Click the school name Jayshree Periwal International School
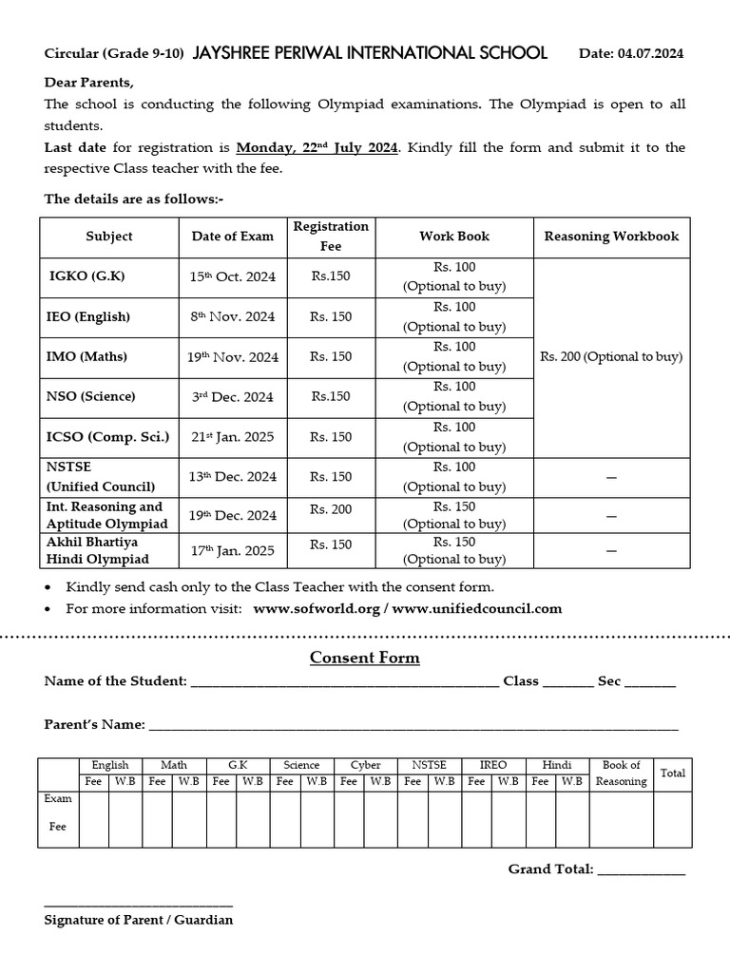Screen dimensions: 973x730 coord(370,53)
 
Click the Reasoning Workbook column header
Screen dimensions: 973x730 coord(611,236)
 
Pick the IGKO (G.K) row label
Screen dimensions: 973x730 coord(87,277)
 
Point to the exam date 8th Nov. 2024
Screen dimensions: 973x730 coord(232,316)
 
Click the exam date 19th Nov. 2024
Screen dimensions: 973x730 coord(232,357)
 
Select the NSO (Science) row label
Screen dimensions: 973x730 coord(91,396)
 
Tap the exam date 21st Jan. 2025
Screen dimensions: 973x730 coord(232,437)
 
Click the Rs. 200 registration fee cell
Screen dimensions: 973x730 coord(331,509)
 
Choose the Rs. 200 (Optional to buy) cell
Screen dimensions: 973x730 coord(611,357)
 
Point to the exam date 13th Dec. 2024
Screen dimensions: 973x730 coord(232,477)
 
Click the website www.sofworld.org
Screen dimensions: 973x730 coord(317,608)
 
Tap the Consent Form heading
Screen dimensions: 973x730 coord(365,658)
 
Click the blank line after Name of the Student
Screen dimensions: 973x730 coord(344,683)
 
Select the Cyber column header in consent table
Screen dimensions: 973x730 coord(365,765)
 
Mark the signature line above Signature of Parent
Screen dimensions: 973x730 coord(138,905)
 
